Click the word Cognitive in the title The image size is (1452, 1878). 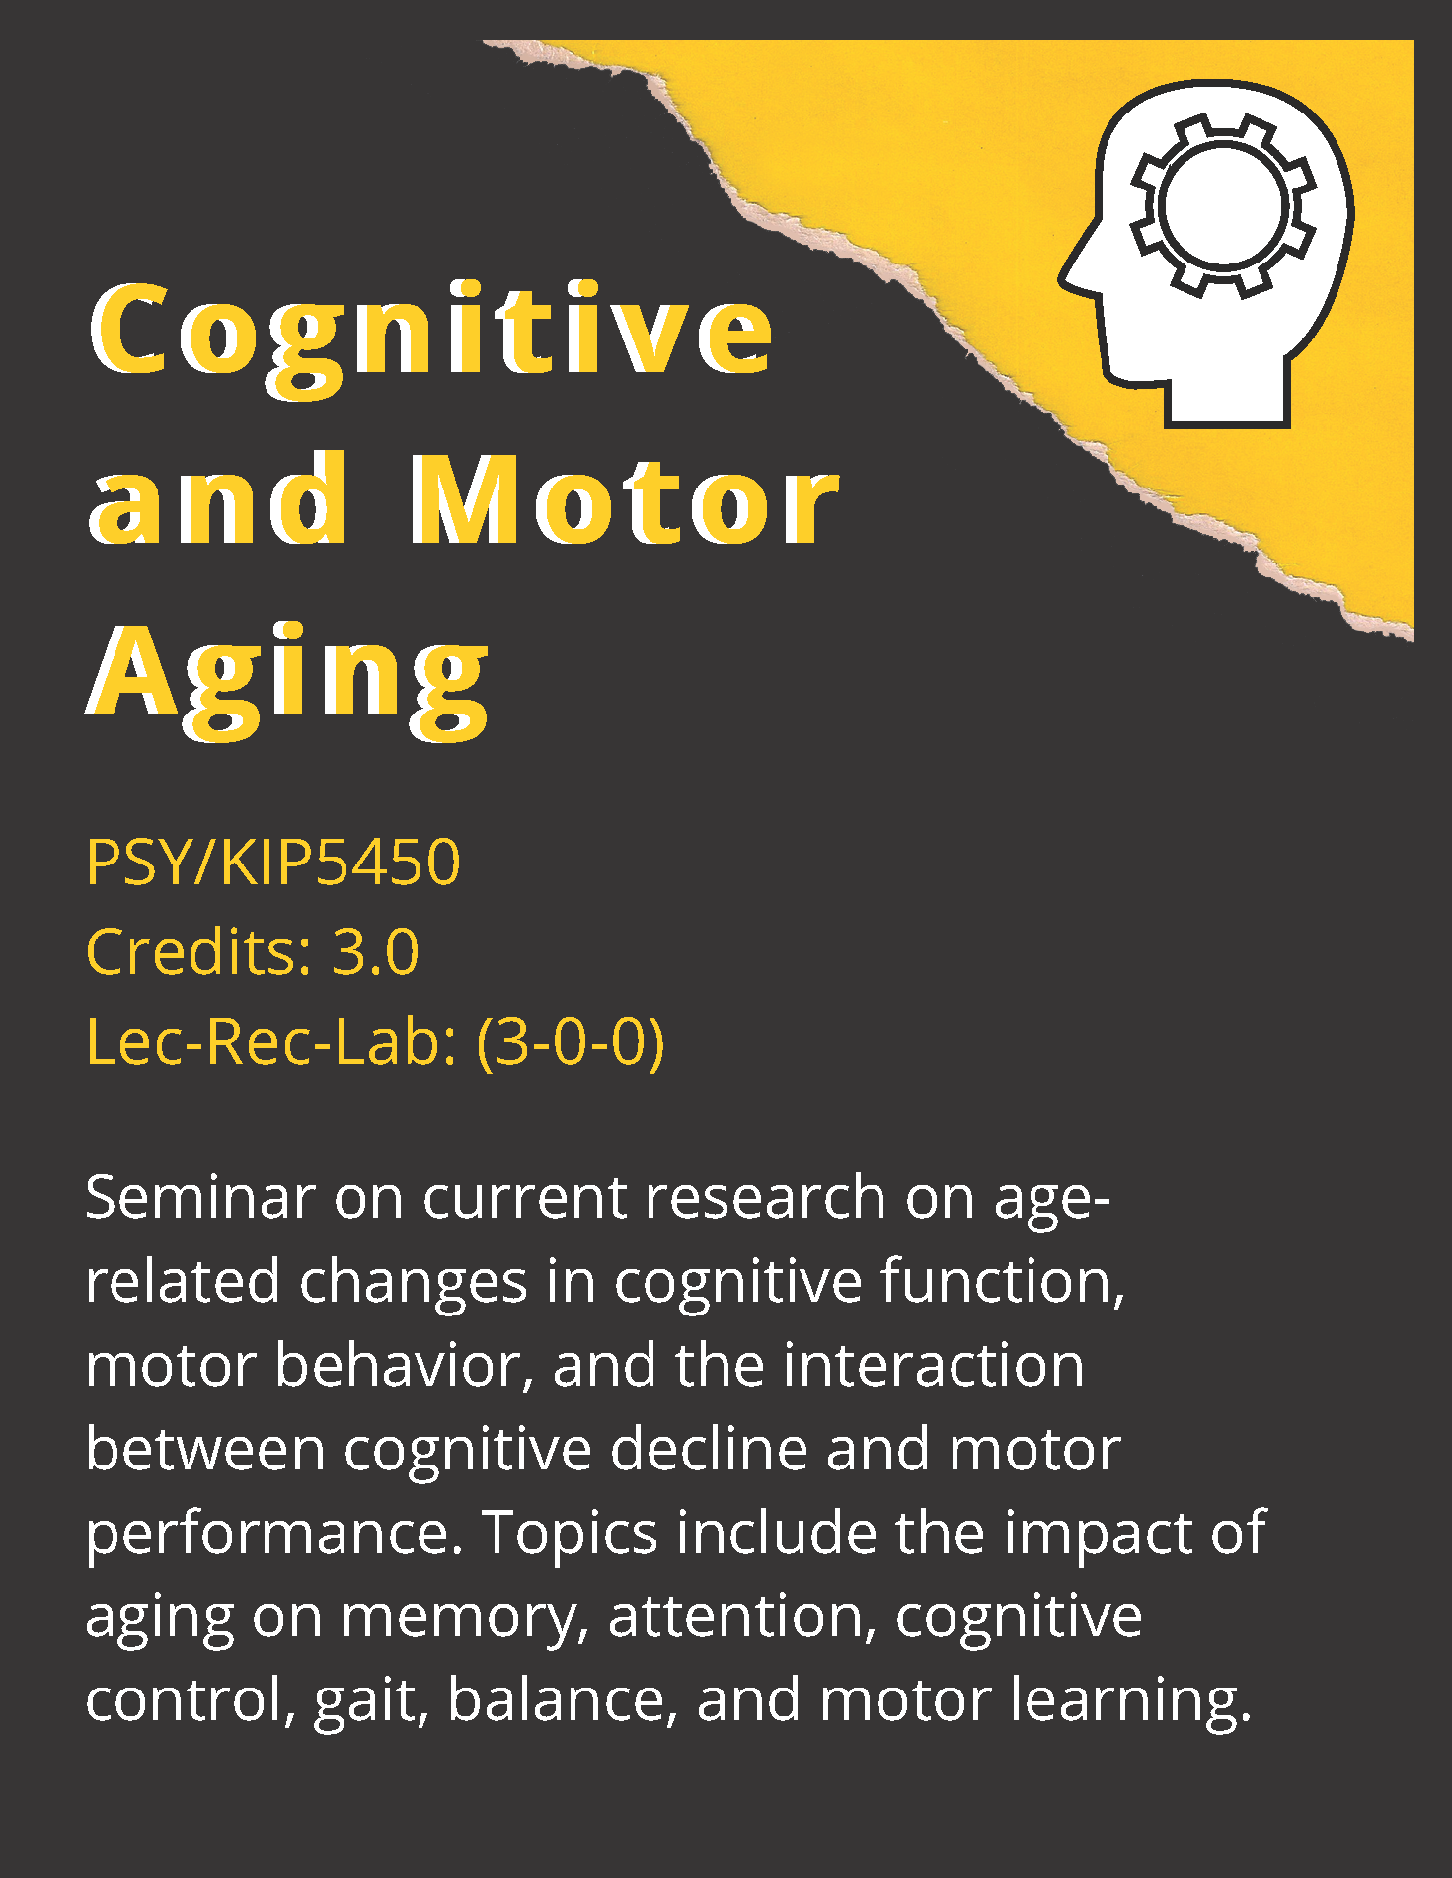[431, 331]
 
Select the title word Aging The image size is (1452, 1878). [288, 673]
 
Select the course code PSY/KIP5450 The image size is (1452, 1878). [273, 862]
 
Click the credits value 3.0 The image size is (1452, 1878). [375, 952]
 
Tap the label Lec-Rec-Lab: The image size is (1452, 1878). [271, 1042]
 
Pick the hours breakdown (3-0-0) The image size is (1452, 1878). [571, 1042]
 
